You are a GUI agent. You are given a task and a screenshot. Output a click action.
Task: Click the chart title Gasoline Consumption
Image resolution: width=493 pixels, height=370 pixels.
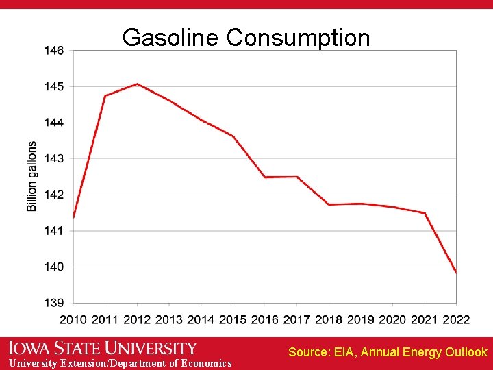(x=246, y=38)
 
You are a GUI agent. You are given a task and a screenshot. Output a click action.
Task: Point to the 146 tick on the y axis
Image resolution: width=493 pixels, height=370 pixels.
(x=54, y=51)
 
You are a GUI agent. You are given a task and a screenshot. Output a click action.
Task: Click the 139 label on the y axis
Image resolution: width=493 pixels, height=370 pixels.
(x=54, y=303)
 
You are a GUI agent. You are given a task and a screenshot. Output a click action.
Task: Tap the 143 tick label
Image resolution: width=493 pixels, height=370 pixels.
(x=54, y=159)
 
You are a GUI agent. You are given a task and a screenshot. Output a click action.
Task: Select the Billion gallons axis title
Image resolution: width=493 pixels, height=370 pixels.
(x=32, y=176)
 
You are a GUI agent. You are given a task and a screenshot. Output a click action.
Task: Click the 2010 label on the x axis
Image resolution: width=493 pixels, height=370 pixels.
(x=73, y=319)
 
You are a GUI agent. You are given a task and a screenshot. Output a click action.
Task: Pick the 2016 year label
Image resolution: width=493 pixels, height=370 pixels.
(x=265, y=319)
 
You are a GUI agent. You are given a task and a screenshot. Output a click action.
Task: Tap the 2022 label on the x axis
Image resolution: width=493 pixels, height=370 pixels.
(x=456, y=319)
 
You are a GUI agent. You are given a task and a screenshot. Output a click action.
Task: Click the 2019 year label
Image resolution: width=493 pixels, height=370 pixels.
(x=361, y=319)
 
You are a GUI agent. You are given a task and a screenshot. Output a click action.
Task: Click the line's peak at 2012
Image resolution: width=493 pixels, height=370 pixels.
(x=137, y=84)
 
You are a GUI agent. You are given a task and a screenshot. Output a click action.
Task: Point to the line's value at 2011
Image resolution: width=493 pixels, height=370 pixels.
(x=105, y=96)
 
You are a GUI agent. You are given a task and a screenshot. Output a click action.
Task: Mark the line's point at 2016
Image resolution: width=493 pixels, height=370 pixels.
(x=265, y=177)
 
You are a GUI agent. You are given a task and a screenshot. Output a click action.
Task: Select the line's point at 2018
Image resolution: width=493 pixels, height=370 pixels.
(x=329, y=204)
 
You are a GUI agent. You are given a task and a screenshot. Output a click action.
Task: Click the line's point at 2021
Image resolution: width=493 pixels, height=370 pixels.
(x=425, y=213)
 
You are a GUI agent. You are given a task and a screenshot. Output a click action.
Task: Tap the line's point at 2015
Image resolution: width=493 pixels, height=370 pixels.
(x=233, y=136)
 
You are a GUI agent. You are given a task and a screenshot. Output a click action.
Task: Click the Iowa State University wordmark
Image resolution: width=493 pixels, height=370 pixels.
(x=103, y=348)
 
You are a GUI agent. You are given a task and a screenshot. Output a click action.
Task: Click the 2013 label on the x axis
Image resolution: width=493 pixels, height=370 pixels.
(x=169, y=319)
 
